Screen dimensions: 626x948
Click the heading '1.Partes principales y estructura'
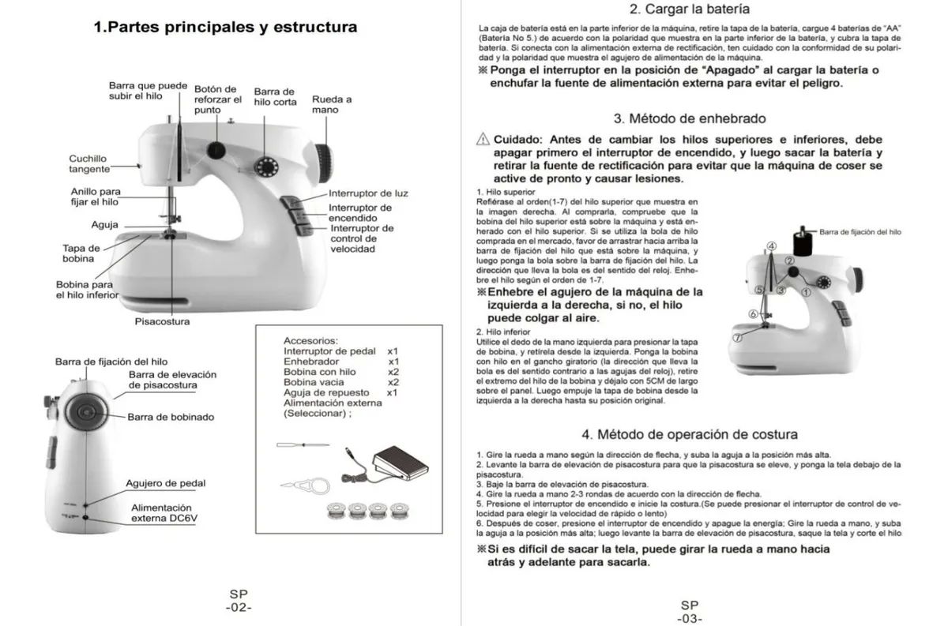tap(225, 28)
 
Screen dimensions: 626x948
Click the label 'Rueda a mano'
tap(332, 104)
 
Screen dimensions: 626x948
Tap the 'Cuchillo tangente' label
tap(88, 163)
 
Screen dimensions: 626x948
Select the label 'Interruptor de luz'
tap(368, 193)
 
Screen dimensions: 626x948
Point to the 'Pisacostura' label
tap(162, 321)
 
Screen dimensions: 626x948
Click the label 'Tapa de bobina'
tap(81, 253)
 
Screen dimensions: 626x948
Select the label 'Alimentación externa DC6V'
tap(161, 513)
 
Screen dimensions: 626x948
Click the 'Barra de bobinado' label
tap(171, 417)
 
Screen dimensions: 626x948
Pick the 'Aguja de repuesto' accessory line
tap(324, 392)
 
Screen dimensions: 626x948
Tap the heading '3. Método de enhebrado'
tap(690, 119)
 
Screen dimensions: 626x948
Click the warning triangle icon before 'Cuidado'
tap(484, 139)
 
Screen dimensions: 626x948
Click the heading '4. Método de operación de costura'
tap(690, 434)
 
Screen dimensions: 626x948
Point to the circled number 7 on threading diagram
tap(737, 336)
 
